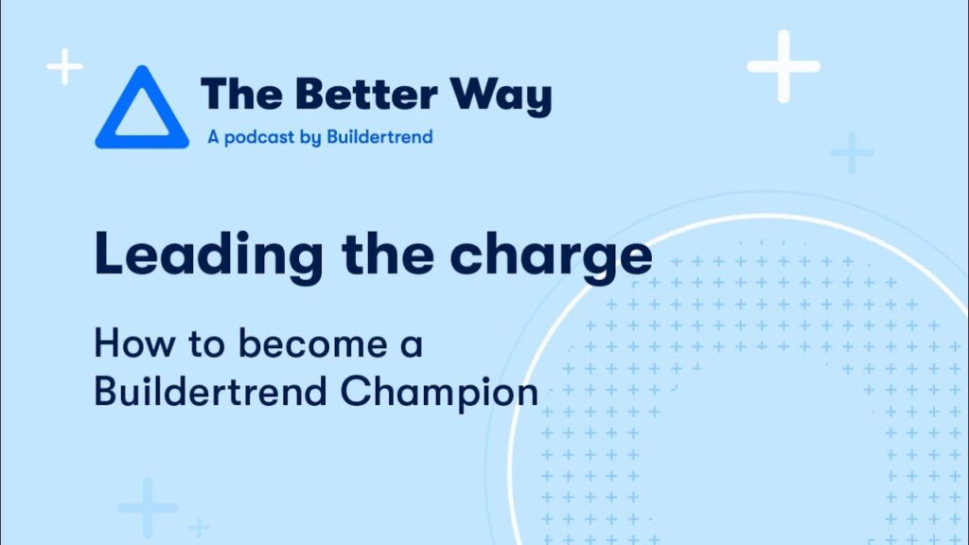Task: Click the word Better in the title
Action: pyautogui.click(x=366, y=94)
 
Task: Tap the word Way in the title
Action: pyautogui.click(x=501, y=97)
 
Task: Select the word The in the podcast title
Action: pyautogui.click(x=242, y=94)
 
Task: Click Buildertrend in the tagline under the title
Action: pyautogui.click(x=379, y=136)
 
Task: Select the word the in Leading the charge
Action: pyautogui.click(x=387, y=253)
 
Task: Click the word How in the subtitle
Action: pyautogui.click(x=134, y=343)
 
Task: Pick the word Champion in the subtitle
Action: pyautogui.click(x=439, y=393)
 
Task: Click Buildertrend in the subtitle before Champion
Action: pyautogui.click(x=211, y=391)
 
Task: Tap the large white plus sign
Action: pyautogui.click(x=784, y=66)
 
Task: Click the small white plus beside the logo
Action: pyautogui.click(x=65, y=66)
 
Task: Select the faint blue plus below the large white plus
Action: pyautogui.click(x=853, y=152)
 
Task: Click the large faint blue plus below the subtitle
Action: pyautogui.click(x=147, y=508)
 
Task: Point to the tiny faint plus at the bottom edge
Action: pyautogui.click(x=199, y=528)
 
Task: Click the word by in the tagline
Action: pyautogui.click(x=310, y=137)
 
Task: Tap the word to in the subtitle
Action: pyautogui.click(x=206, y=344)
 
